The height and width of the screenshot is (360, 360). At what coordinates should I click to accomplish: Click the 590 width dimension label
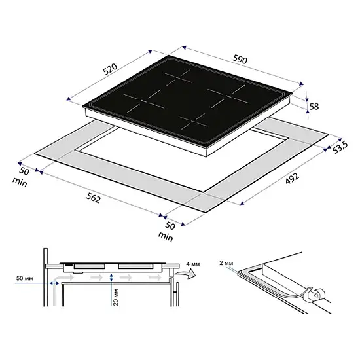pyautogui.click(x=240, y=59)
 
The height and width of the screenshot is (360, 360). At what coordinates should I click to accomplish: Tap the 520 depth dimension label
pyautogui.click(x=110, y=69)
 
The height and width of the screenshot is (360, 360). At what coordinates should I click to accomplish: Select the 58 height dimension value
pyautogui.click(x=314, y=107)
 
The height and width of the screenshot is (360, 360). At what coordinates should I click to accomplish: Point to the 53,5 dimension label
pyautogui.click(x=340, y=147)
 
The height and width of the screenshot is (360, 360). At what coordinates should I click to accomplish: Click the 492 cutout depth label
pyautogui.click(x=293, y=179)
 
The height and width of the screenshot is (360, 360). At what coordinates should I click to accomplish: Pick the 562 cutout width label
pyautogui.click(x=93, y=198)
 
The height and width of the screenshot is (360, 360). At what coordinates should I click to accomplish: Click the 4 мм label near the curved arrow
pyautogui.click(x=193, y=264)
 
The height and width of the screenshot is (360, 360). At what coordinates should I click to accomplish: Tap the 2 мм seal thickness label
pyautogui.click(x=226, y=263)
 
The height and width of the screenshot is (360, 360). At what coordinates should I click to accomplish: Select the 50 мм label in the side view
pyautogui.click(x=25, y=278)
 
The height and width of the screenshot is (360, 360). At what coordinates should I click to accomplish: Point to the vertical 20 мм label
pyautogui.click(x=116, y=297)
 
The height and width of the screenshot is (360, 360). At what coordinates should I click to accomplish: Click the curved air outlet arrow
pyautogui.click(x=185, y=273)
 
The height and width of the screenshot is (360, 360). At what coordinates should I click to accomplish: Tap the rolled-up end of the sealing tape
pyautogui.click(x=318, y=294)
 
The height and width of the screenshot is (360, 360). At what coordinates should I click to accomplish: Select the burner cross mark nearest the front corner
pyautogui.click(x=193, y=122)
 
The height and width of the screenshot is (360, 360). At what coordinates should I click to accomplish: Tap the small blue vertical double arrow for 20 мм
pyautogui.click(x=111, y=278)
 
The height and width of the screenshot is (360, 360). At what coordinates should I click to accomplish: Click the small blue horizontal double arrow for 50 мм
pyautogui.click(x=54, y=283)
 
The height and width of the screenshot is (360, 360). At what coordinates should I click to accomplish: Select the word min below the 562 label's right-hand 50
pyautogui.click(x=166, y=236)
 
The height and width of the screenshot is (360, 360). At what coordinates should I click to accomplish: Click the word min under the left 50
pyautogui.click(x=20, y=182)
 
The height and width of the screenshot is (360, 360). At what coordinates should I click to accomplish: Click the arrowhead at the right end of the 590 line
pyautogui.click(x=301, y=84)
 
